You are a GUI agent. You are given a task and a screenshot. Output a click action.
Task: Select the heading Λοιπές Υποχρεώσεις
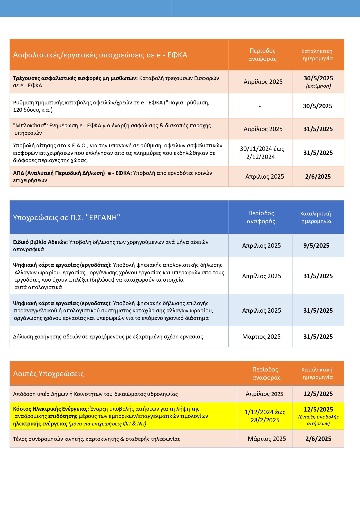[48, 374]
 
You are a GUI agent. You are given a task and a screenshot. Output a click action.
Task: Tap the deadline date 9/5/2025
[316, 246]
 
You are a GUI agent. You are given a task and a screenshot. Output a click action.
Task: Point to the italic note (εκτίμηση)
[318, 86]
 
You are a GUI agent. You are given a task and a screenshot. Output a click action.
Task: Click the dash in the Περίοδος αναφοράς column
[260, 106]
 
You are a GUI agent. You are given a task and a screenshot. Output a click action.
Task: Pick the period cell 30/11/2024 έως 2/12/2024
[262, 153]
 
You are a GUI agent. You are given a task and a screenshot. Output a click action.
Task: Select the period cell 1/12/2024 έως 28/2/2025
[265, 416]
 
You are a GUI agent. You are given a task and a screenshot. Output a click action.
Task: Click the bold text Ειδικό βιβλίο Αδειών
[40, 242]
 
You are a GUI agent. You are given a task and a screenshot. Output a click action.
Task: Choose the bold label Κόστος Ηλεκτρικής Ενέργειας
[51, 409]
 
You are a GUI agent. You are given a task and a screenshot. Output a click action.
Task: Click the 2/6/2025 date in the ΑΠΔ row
[318, 177]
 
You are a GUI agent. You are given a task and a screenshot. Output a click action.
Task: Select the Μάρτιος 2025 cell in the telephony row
[267, 439]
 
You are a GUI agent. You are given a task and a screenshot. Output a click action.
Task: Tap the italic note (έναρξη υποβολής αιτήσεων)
[318, 420]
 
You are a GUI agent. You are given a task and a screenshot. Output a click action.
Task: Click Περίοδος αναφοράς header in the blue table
[261, 217]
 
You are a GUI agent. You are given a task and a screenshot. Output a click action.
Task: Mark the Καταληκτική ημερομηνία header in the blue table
[316, 218]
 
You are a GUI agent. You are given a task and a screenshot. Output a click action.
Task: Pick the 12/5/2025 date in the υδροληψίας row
[318, 394]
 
